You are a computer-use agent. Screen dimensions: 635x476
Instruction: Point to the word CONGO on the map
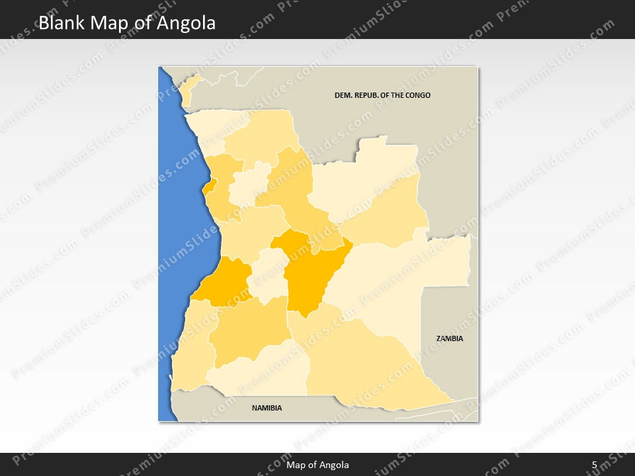click(x=416, y=95)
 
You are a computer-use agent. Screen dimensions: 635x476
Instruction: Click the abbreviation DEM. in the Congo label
click(x=343, y=95)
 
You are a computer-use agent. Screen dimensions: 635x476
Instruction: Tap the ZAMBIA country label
click(x=450, y=338)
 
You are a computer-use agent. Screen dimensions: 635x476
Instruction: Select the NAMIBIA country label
click(x=267, y=408)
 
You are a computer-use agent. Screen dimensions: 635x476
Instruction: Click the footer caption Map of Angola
click(x=317, y=465)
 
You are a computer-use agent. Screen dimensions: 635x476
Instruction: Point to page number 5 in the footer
click(x=594, y=465)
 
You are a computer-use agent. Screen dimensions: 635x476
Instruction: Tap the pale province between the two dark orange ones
click(x=268, y=274)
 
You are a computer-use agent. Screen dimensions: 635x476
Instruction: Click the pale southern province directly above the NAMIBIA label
click(x=261, y=370)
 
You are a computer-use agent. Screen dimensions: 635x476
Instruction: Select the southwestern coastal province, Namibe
click(x=192, y=350)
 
